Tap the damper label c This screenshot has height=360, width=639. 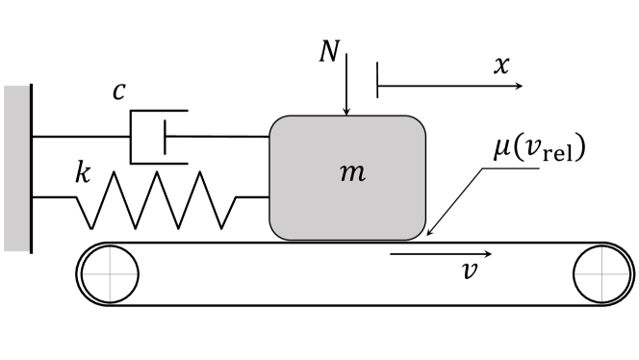point(117,91)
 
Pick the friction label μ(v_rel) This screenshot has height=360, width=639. point(540,151)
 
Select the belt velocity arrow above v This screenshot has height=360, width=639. point(443,254)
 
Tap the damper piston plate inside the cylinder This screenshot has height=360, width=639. point(165,136)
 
